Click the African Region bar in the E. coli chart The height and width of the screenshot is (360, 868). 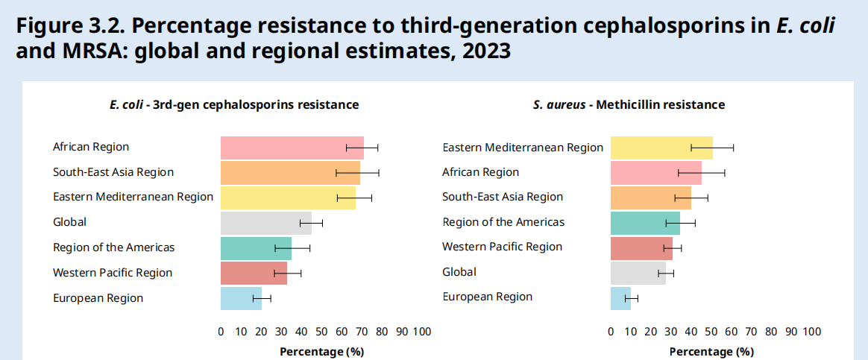(x=292, y=148)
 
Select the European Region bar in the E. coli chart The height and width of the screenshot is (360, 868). (x=241, y=298)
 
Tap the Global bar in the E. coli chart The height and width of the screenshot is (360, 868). (x=265, y=222)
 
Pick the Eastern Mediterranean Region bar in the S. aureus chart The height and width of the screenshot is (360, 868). (x=661, y=148)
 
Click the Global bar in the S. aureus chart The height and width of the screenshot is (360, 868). (x=638, y=273)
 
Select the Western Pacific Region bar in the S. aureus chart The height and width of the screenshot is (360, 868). (x=641, y=247)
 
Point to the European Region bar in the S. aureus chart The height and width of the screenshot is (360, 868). (x=620, y=297)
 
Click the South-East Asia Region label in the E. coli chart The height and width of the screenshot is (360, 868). (x=113, y=172)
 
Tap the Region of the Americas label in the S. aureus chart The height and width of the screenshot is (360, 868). (x=503, y=222)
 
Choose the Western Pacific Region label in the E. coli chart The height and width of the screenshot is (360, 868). (x=113, y=273)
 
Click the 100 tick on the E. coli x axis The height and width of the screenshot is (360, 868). (x=422, y=331)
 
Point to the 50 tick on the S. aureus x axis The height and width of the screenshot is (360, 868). (x=711, y=331)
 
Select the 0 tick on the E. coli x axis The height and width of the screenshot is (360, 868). (x=221, y=331)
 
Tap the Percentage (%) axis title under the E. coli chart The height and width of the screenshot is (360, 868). (x=321, y=351)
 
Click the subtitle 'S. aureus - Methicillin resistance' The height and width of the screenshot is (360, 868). (x=629, y=105)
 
